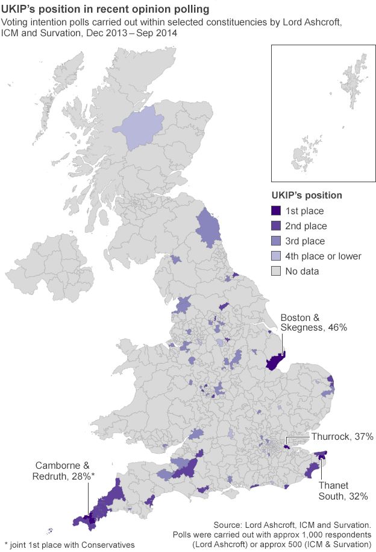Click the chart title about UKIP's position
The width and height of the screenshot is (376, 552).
pyautogui.click(x=106, y=10)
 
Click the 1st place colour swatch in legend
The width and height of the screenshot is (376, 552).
pyautogui.click(x=276, y=211)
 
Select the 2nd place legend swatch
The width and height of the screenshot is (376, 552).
pyautogui.click(x=276, y=226)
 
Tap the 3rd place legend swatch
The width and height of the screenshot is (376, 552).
pyautogui.click(x=276, y=241)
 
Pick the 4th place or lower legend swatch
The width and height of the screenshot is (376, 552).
pyautogui.click(x=276, y=256)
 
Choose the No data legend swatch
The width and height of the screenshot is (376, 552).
pyautogui.click(x=276, y=271)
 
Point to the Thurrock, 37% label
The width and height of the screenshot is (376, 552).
pyautogui.click(x=342, y=436)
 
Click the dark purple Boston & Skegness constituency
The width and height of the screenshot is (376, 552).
pyautogui.click(x=275, y=362)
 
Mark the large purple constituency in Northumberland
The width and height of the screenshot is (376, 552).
pyautogui.click(x=208, y=229)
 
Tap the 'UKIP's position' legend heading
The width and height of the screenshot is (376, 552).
pyautogui.click(x=306, y=195)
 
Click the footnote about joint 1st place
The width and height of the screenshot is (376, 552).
pyautogui.click(x=70, y=545)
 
